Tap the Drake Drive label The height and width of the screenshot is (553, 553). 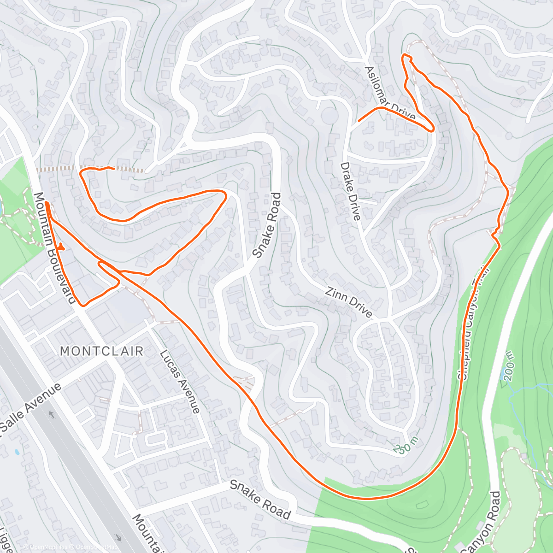[x=351, y=191]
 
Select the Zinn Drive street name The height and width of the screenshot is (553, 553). [x=348, y=302]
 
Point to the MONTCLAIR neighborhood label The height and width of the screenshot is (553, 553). [x=102, y=351]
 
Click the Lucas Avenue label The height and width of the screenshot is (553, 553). [x=180, y=381]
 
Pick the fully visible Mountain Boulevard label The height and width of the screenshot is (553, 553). [x=54, y=248]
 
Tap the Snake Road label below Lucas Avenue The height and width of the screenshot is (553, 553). [x=260, y=499]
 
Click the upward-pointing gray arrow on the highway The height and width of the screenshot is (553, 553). [x=51, y=415]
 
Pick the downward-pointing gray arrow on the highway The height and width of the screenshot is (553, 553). [x=119, y=537]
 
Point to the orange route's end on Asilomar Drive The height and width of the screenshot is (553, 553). [x=359, y=121]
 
